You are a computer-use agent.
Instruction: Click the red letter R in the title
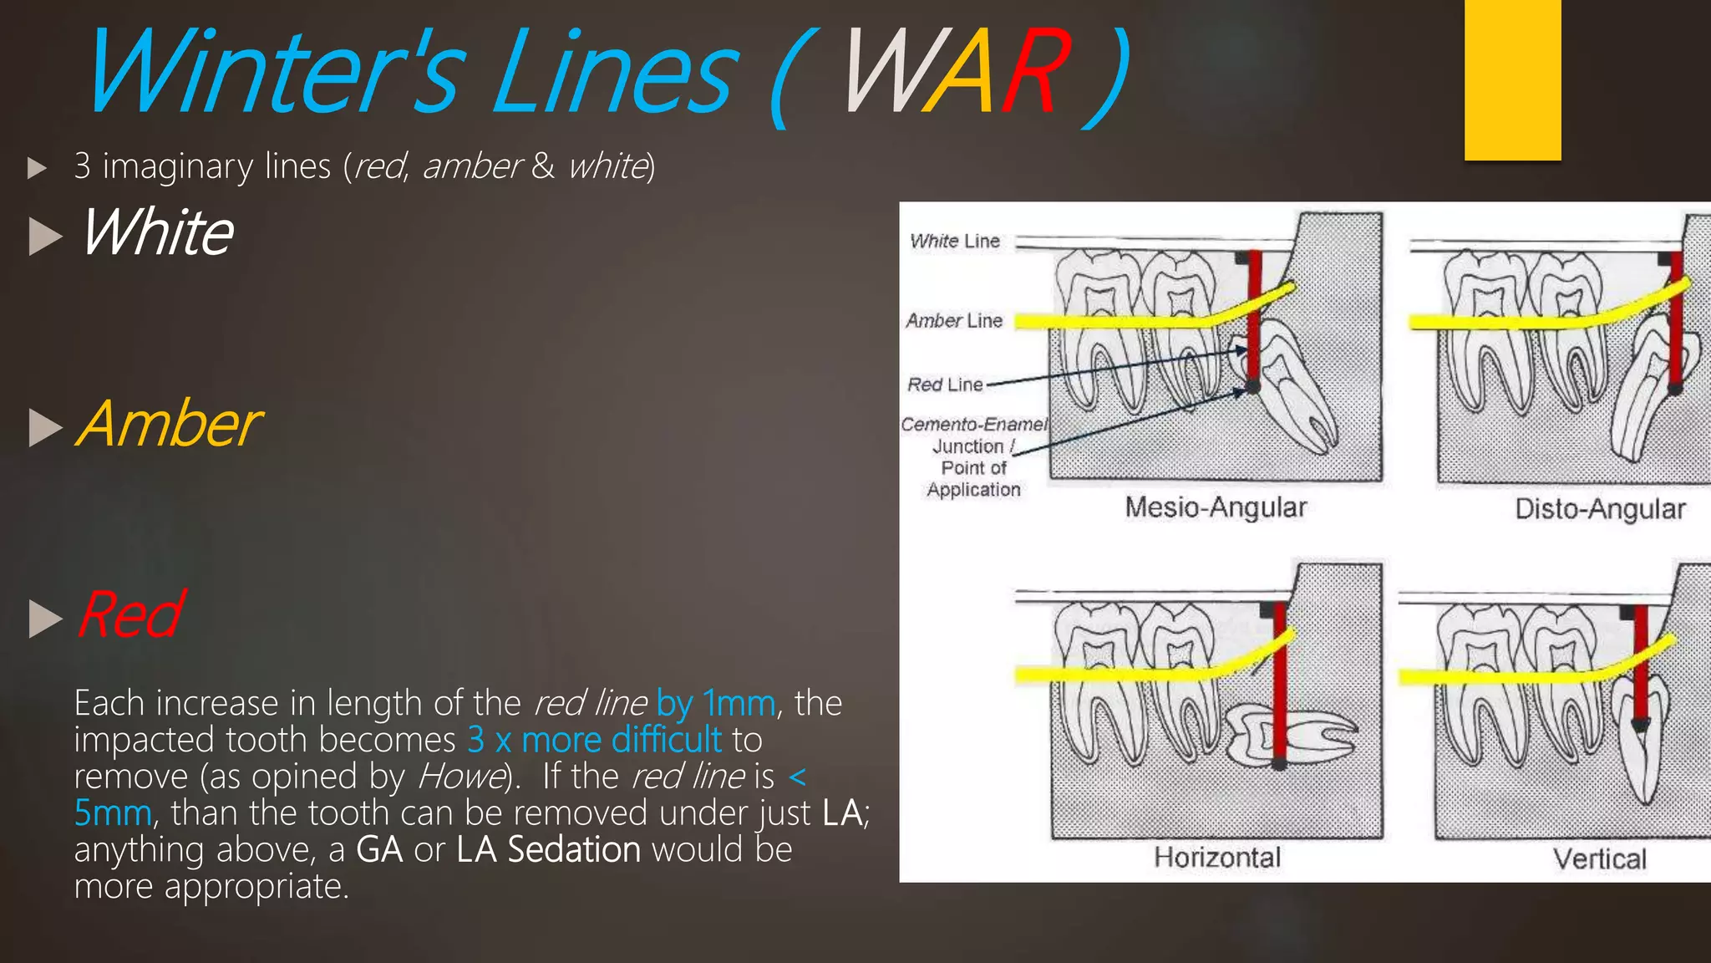[x=1033, y=72]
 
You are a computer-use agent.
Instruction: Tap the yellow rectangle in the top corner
[x=1512, y=79]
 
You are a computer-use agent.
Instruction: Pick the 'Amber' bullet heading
[x=169, y=425]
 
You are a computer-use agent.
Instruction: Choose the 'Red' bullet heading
[x=130, y=615]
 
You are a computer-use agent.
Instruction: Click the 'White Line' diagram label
[x=955, y=242]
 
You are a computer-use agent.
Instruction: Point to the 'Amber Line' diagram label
[x=954, y=321]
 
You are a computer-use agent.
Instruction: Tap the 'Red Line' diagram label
[x=945, y=385]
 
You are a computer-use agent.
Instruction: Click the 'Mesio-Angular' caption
[x=1216, y=507]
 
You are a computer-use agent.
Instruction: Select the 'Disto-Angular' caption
[x=1600, y=509]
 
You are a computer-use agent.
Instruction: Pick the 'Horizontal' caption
[x=1217, y=858]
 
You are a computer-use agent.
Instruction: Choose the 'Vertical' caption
[x=1599, y=859]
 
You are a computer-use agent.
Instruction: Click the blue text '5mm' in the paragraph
[x=113, y=813]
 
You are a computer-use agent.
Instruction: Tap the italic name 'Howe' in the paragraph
[x=462, y=777]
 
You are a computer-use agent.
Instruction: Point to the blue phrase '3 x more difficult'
[x=594, y=740]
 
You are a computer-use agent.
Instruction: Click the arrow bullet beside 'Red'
[x=45, y=619]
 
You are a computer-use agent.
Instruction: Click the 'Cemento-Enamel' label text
[x=973, y=425]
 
